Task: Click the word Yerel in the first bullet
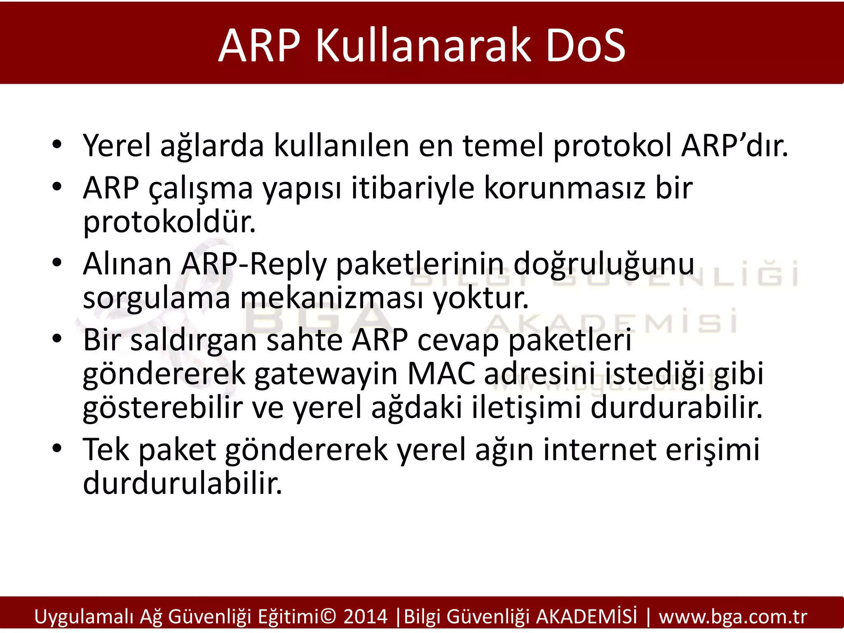tap(117, 146)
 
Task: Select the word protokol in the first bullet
tap(612, 147)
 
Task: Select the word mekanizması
tap(332, 298)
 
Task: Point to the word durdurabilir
tap(676, 408)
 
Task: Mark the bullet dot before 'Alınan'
tap(57, 263)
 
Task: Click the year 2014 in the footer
tap(366, 617)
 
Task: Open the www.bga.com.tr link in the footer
tap(733, 617)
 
